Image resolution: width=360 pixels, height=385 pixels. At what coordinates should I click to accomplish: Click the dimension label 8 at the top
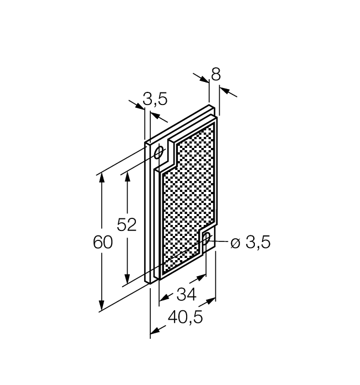point(215,75)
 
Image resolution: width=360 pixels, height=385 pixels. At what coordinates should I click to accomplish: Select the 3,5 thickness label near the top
point(155,99)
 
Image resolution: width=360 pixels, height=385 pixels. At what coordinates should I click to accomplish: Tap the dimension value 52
point(127,225)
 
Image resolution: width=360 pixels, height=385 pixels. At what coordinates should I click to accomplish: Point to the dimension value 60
point(102,243)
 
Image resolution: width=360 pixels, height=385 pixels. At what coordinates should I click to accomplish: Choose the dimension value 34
point(187,295)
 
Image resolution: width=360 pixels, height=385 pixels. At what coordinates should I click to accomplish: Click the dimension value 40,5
point(184,317)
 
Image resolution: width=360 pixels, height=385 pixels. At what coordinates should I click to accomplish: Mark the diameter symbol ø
point(235,243)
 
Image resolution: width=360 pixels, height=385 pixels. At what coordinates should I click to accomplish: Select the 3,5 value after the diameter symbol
point(258,243)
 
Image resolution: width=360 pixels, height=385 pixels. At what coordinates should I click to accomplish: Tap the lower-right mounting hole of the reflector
point(206,238)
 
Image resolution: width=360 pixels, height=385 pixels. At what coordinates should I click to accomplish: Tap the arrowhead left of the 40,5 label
point(155,331)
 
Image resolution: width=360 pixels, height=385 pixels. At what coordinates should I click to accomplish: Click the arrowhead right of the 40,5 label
point(210,302)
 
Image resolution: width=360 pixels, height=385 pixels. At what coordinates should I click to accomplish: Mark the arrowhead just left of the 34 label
point(163,300)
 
